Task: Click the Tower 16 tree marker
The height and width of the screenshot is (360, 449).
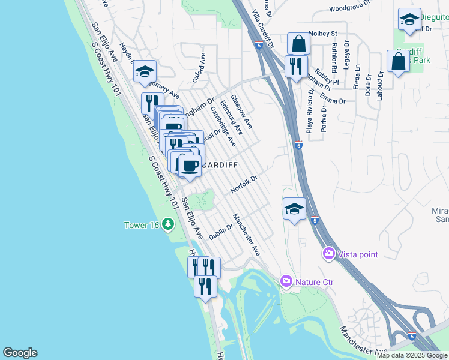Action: click(169, 225)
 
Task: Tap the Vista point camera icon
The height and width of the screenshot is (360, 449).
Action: click(328, 254)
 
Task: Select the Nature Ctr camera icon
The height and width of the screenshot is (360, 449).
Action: click(286, 281)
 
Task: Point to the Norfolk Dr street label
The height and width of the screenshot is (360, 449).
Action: click(244, 184)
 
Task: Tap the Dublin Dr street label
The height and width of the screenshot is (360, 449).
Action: click(221, 231)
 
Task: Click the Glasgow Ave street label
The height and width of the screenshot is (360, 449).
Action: click(241, 114)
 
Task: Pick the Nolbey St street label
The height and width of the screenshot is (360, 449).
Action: click(323, 34)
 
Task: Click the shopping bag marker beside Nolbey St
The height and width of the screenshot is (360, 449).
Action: click(298, 44)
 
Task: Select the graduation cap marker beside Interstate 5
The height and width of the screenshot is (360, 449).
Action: click(294, 209)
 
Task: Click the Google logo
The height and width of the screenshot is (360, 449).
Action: click(20, 353)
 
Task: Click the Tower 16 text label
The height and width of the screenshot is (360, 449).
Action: click(142, 225)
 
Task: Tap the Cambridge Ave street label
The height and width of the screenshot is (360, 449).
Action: click(222, 126)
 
